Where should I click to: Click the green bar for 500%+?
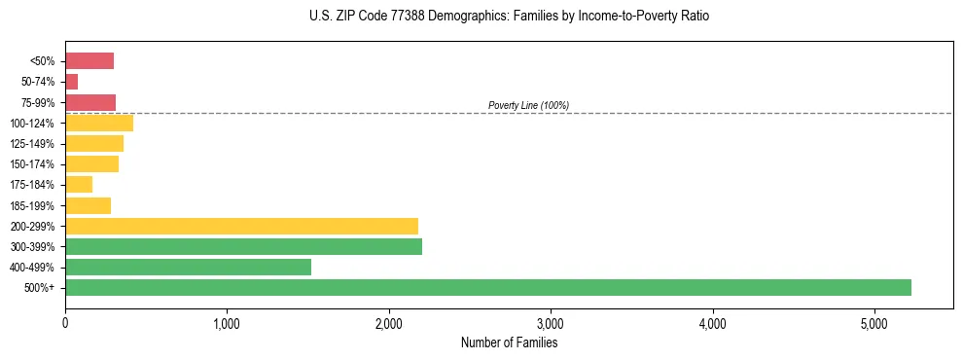[x=487, y=287]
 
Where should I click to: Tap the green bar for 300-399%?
[x=243, y=246]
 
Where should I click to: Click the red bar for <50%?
[x=89, y=61]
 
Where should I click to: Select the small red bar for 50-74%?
[x=71, y=82]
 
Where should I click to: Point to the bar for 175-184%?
[x=79, y=185]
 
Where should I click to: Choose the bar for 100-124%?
[x=99, y=124]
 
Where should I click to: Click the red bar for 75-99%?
[x=90, y=102]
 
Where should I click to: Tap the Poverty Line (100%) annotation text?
[x=528, y=105]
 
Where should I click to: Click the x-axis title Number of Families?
[x=509, y=342]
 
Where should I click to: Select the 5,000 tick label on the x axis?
[x=874, y=322]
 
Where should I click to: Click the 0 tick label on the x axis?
[x=65, y=322]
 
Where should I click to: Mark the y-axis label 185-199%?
[x=32, y=206]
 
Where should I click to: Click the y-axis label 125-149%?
[x=32, y=144]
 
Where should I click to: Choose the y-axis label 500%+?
[x=39, y=288]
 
